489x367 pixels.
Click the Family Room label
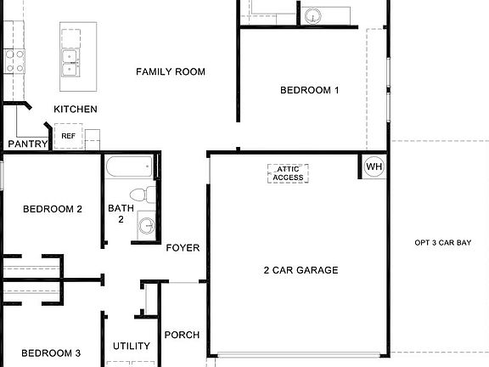(171, 72)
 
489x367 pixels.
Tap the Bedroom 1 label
(310, 90)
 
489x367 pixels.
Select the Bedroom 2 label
(52, 209)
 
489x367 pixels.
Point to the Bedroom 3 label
(51, 353)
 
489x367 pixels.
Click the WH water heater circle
(374, 167)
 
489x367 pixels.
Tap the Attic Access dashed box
(288, 173)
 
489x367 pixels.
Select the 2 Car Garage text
(301, 270)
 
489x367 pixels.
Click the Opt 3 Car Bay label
(442, 243)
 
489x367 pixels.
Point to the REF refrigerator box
(68, 136)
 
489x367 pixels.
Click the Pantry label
(26, 144)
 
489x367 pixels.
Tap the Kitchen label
(76, 109)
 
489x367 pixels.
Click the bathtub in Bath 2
(130, 167)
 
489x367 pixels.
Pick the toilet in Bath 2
(149, 195)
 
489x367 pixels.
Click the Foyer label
(183, 248)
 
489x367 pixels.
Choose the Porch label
(181, 335)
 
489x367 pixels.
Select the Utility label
(132, 346)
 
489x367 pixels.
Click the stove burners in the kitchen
(14, 60)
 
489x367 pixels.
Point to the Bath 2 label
(121, 213)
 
